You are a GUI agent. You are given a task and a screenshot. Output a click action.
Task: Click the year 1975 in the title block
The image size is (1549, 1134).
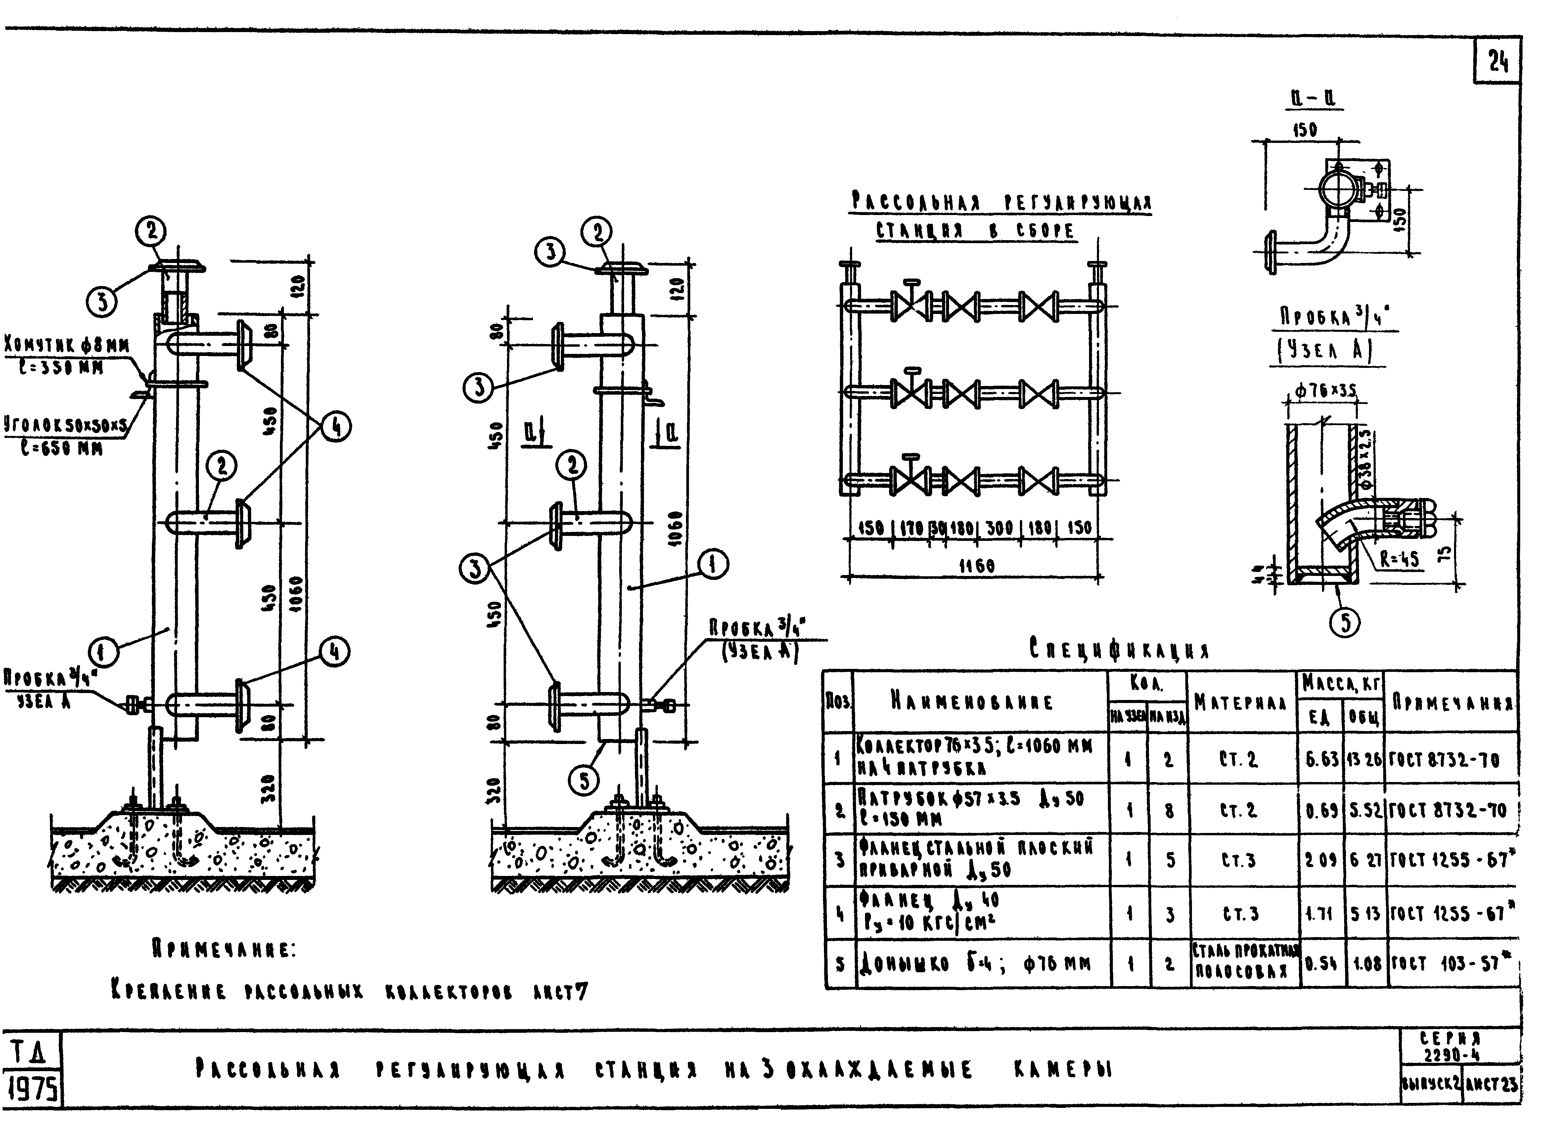[31, 1089]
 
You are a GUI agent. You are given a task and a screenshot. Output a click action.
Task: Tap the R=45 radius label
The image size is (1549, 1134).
[1399, 559]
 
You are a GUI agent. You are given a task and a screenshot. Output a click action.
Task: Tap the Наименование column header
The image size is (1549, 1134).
[972, 702]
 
